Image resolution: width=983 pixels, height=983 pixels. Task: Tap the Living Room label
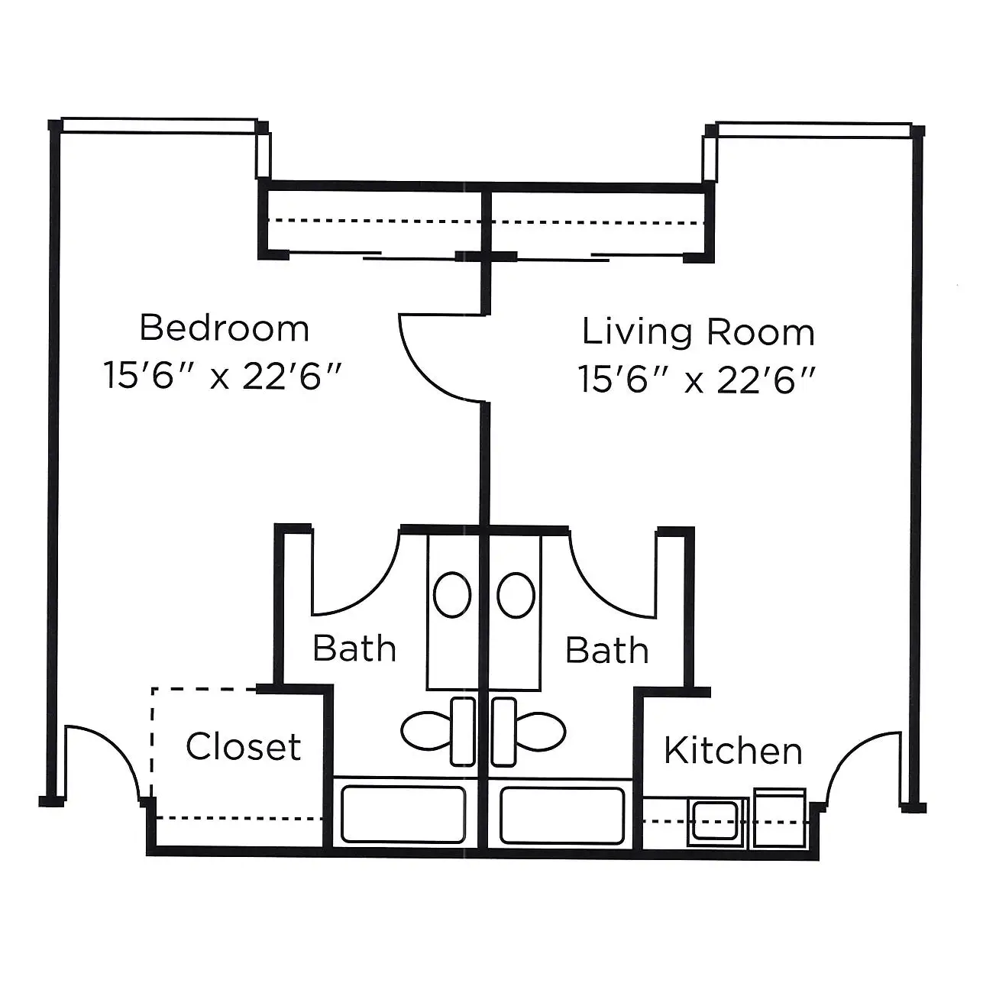(x=698, y=332)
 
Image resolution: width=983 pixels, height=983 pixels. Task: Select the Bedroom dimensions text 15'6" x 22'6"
(x=222, y=376)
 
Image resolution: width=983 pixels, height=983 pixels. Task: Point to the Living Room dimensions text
(x=697, y=380)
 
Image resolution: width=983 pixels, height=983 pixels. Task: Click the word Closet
(x=244, y=746)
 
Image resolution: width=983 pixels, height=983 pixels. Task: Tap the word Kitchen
(x=733, y=750)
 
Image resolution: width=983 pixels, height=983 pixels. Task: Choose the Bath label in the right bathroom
(x=606, y=650)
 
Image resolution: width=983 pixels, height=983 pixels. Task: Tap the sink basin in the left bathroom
(x=452, y=595)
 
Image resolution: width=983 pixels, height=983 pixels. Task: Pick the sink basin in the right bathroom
(x=516, y=595)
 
